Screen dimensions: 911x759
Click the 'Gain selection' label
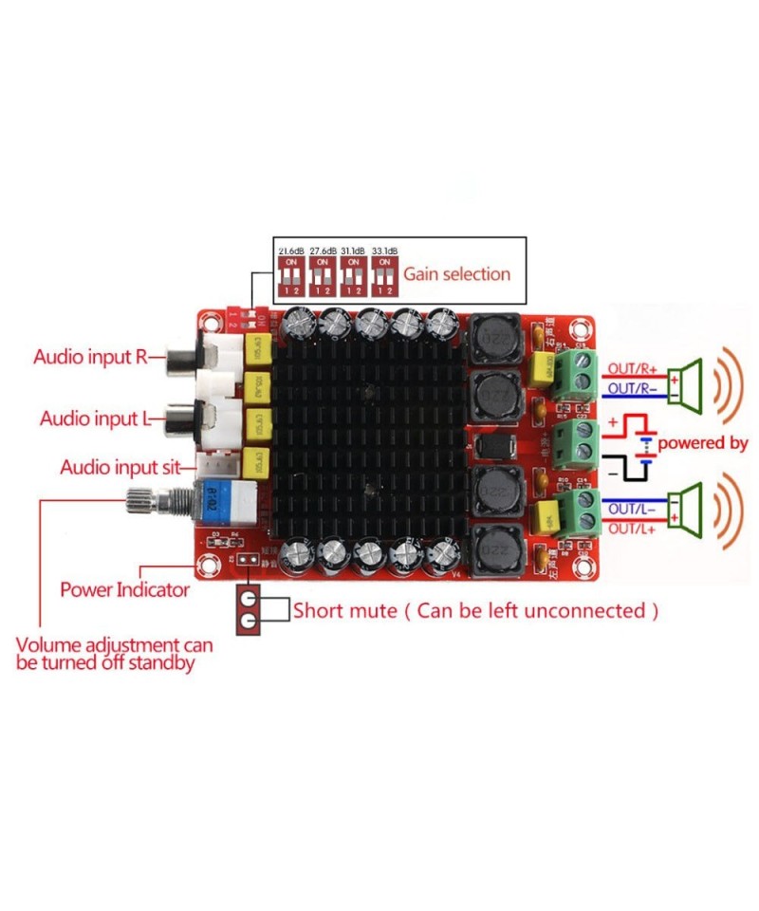pos(457,274)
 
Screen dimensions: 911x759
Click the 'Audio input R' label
pos(90,358)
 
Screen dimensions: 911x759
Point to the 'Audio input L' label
pos(92,418)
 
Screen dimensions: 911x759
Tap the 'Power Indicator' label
pos(125,589)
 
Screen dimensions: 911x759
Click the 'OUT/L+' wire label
pos(629,529)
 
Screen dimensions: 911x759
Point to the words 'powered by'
pos(703,443)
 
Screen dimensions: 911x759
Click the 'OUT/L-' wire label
pos(629,509)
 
